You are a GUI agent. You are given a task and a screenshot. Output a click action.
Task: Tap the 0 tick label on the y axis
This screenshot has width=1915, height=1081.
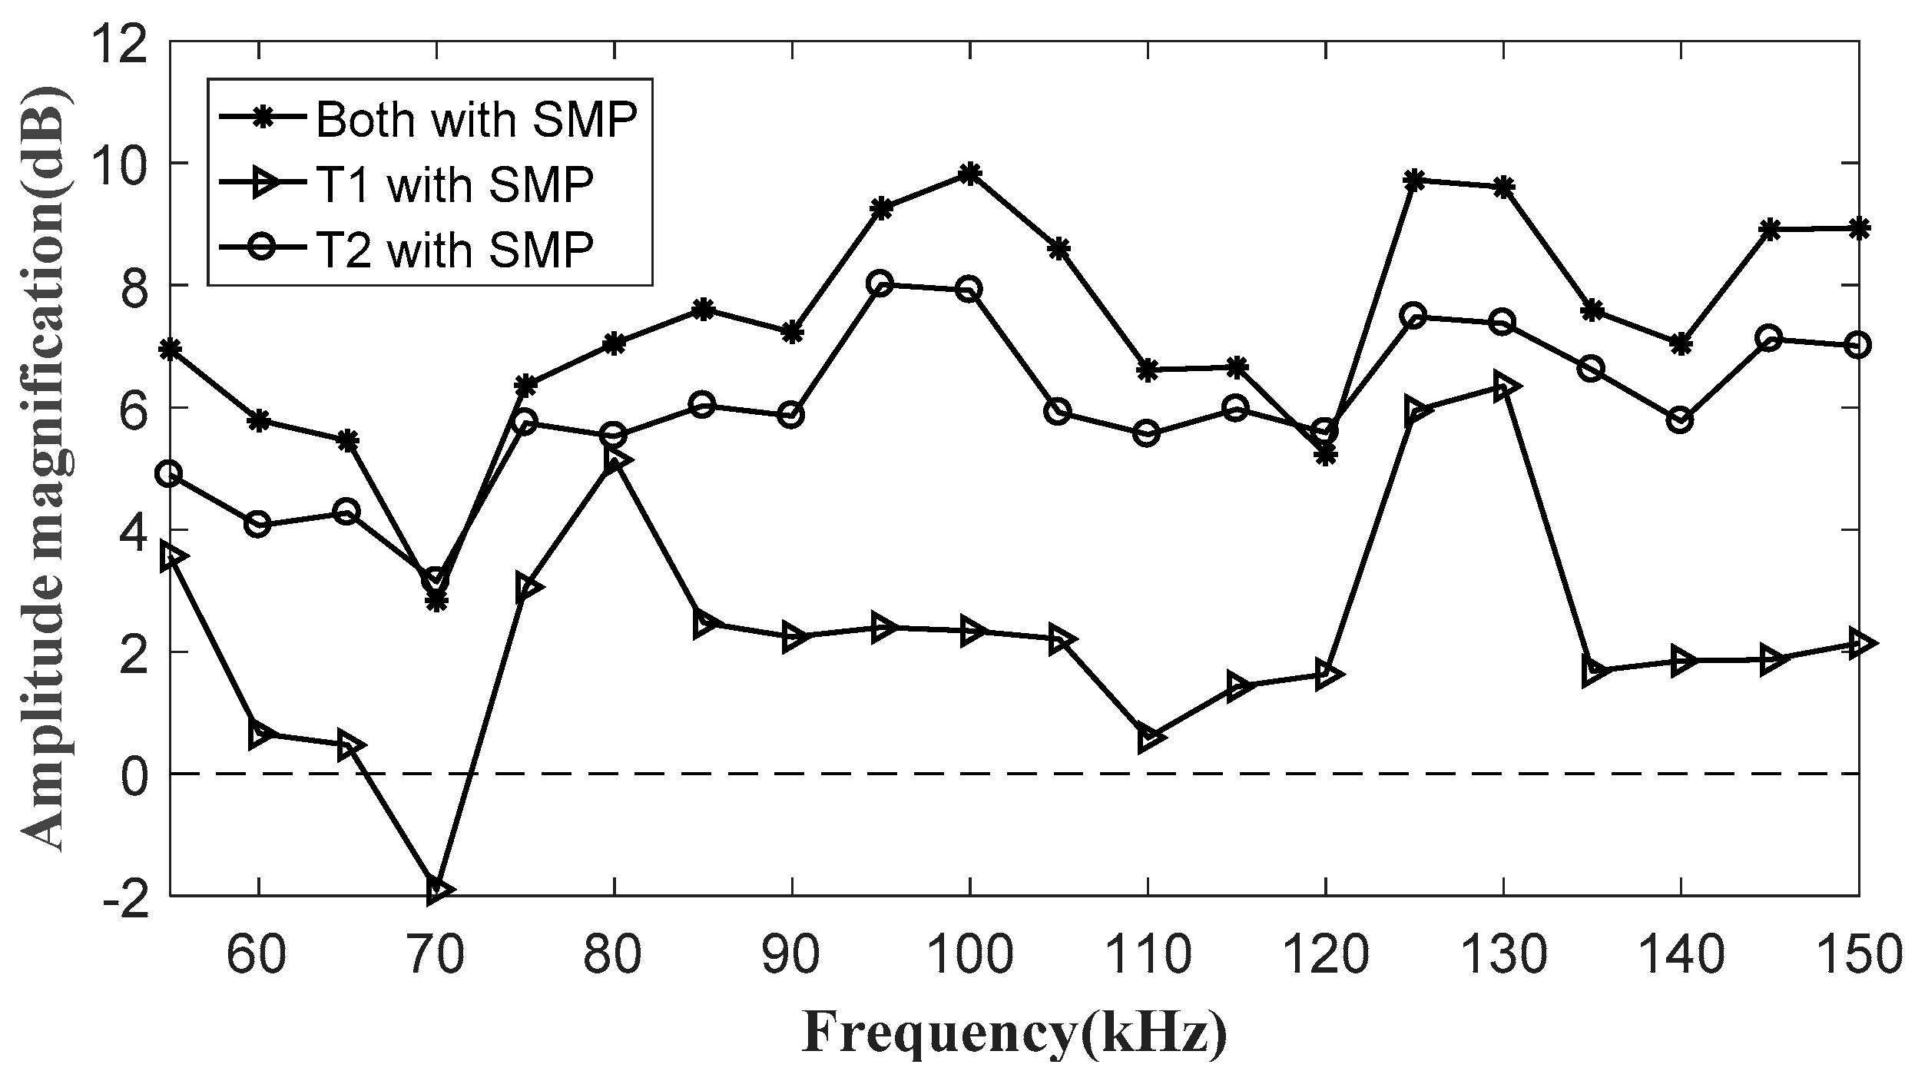tap(137, 774)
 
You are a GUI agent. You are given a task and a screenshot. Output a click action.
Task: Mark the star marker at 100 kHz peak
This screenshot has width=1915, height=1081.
tap(969, 174)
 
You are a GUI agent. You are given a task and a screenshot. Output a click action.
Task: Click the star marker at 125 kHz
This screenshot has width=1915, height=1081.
tap(1414, 180)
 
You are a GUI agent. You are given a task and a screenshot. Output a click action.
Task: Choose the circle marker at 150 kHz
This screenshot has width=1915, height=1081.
tap(1857, 345)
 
